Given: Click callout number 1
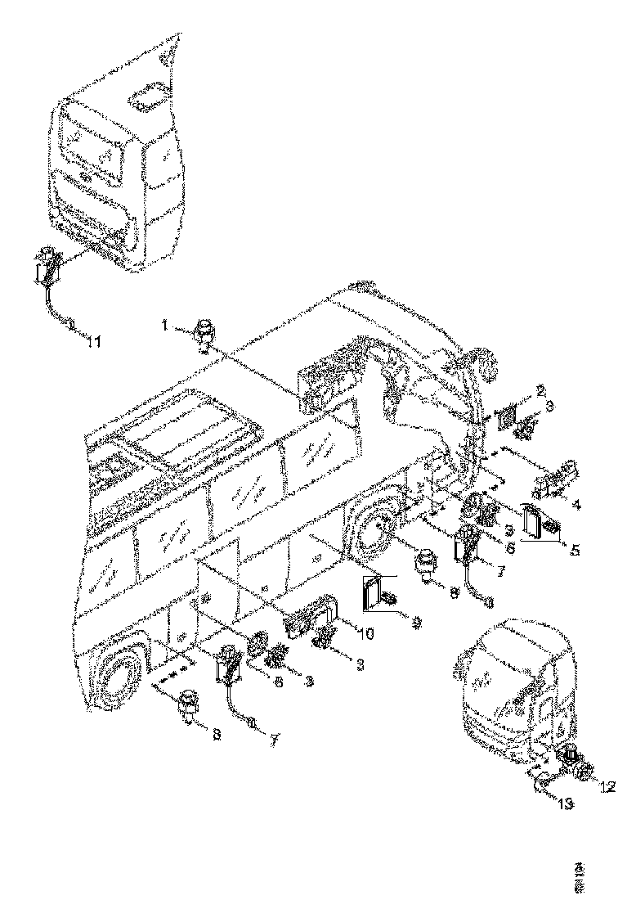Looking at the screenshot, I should coord(164,326).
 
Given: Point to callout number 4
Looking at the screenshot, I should coord(577,505).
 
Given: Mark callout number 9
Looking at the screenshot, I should coord(417,622).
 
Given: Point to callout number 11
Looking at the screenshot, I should coord(94,342).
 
